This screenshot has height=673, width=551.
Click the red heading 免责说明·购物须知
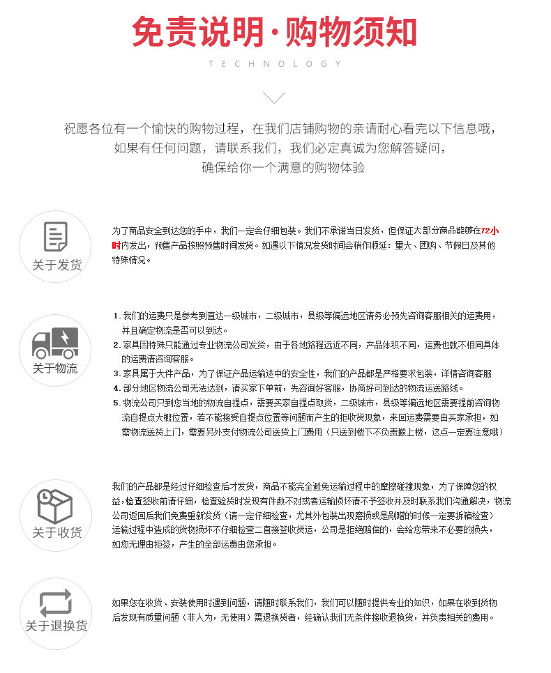coord(275,33)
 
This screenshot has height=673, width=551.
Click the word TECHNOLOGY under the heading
coord(275,64)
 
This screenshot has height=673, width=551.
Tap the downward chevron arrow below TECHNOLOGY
coord(275,97)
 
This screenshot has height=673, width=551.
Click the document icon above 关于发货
coord(55,237)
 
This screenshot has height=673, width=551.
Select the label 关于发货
coord(56,265)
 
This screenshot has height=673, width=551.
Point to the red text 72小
coord(490,231)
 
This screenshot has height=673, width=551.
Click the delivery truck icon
coord(55,342)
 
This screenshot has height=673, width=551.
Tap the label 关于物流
coord(55,369)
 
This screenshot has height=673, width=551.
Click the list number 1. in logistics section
coord(116,316)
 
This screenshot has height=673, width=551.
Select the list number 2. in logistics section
coord(116,345)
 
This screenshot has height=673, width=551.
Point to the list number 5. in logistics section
coord(116,403)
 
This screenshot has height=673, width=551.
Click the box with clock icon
coord(55,506)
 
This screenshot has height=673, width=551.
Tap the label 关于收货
coord(56,533)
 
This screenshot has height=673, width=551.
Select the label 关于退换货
coord(56,626)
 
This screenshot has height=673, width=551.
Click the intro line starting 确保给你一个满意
coord(282,168)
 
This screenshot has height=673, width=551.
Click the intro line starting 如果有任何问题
coord(279,148)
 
